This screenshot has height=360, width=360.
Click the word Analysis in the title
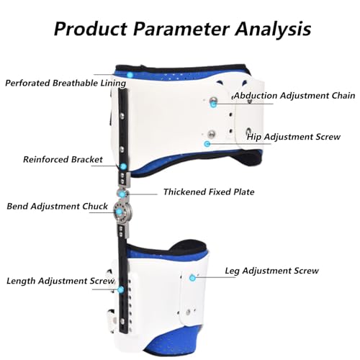tap(273, 30)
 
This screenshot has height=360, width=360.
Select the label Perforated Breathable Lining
tap(66, 83)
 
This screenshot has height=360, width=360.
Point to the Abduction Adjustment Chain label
tap(294, 96)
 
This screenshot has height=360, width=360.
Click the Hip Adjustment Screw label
tap(294, 137)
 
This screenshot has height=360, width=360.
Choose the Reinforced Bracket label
tap(63, 159)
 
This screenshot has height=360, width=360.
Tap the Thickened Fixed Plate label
tap(209, 192)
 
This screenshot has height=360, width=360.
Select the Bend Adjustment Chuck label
tap(57, 206)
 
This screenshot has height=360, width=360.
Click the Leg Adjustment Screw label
tap(271, 271)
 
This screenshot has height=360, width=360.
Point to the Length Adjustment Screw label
tap(60, 281)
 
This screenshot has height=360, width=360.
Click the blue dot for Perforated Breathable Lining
tap(130, 75)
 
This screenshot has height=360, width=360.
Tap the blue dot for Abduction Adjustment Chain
tap(213, 104)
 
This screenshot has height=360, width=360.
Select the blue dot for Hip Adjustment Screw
tap(207, 144)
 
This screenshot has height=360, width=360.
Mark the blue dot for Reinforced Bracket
tap(124, 166)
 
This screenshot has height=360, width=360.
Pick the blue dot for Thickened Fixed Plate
tap(122, 194)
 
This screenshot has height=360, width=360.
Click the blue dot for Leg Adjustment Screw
tap(192, 278)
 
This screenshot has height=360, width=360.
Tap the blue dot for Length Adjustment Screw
tap(121, 289)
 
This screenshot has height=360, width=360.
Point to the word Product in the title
tap(91, 29)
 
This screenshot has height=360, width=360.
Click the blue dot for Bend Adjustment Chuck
tap(119, 212)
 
